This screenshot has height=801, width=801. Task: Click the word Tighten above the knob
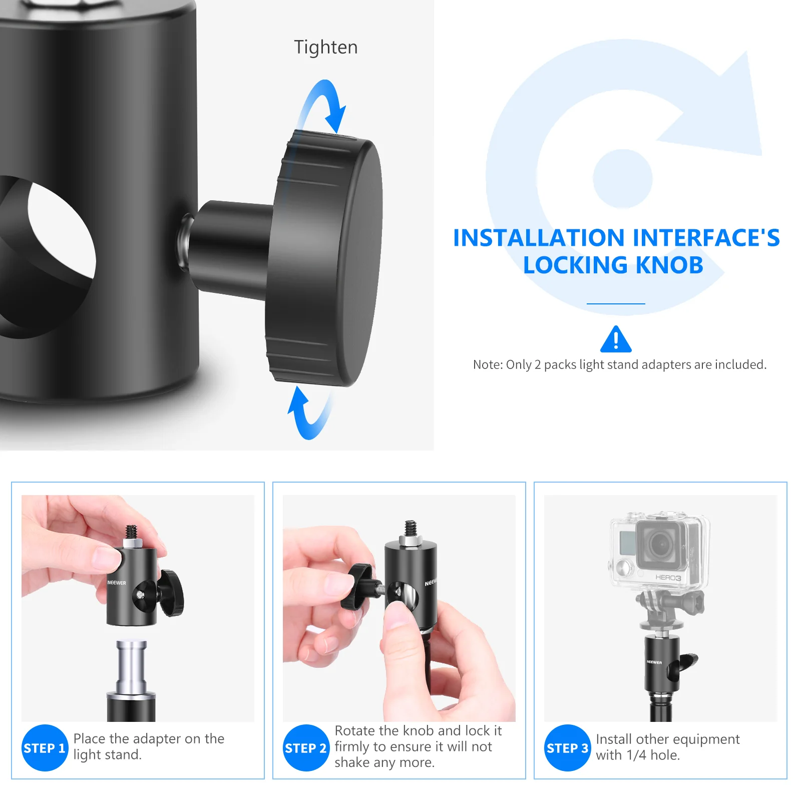[x=325, y=47]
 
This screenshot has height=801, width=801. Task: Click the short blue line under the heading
[x=616, y=303]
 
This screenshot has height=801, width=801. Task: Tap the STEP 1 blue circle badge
[x=45, y=748]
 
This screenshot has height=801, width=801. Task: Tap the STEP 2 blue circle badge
[x=306, y=748]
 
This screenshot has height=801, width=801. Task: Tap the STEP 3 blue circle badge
[x=567, y=748]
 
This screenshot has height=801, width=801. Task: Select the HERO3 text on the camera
[x=668, y=577]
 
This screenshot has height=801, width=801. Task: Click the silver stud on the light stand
[x=131, y=663]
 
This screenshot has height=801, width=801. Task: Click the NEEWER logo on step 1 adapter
[x=117, y=583]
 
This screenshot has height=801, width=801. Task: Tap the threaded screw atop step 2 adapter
[x=411, y=529]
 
